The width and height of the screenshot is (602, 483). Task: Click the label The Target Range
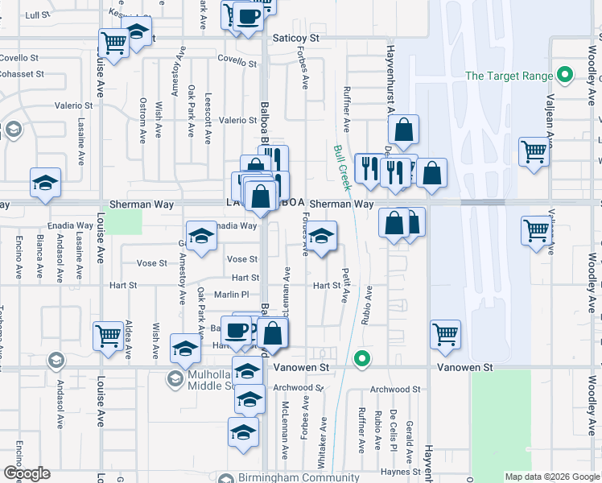click(x=510, y=76)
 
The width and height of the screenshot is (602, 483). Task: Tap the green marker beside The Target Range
click(x=565, y=76)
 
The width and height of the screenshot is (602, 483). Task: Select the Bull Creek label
click(x=343, y=167)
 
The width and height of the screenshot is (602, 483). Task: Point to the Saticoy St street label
click(x=295, y=38)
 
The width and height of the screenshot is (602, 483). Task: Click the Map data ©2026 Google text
click(x=550, y=477)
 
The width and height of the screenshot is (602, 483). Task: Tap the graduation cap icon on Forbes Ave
click(x=321, y=237)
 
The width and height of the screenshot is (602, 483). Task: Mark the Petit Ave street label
click(x=344, y=285)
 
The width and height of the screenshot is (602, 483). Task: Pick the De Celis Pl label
click(x=394, y=431)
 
